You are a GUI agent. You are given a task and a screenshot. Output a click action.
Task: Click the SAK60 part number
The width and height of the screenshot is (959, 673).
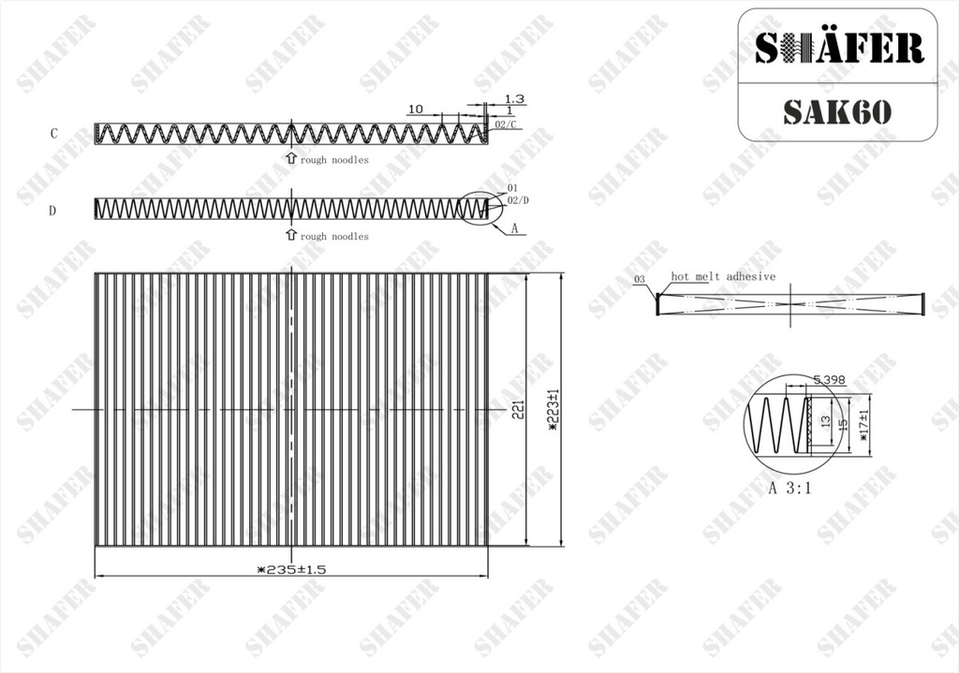tap(836, 111)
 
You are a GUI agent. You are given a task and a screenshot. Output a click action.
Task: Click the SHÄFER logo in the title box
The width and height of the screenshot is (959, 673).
tap(838, 48)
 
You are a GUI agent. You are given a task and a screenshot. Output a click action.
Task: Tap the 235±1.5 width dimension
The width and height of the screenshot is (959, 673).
tap(292, 570)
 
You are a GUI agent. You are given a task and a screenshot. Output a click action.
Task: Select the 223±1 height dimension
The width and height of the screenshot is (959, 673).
tap(554, 410)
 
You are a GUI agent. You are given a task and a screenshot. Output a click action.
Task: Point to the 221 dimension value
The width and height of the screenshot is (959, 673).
tap(518, 410)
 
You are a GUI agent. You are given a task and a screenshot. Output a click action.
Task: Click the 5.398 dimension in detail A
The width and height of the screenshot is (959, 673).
tap(829, 380)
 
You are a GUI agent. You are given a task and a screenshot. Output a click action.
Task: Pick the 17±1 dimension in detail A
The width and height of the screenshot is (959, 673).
tap(863, 426)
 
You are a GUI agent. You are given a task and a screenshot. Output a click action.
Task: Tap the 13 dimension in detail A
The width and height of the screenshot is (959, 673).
tap(826, 421)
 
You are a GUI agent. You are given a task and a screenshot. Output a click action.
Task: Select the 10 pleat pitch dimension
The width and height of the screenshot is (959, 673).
tap(415, 109)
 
